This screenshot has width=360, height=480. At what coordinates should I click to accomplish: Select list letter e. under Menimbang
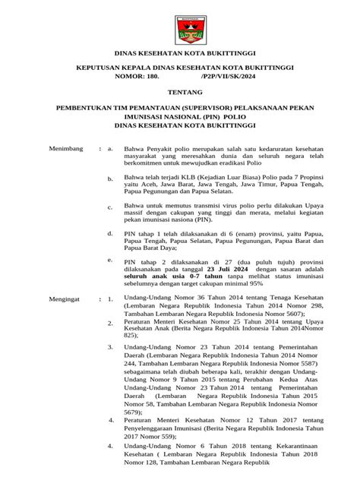[111, 259]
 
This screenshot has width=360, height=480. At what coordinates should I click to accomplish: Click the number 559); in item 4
[173, 436]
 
